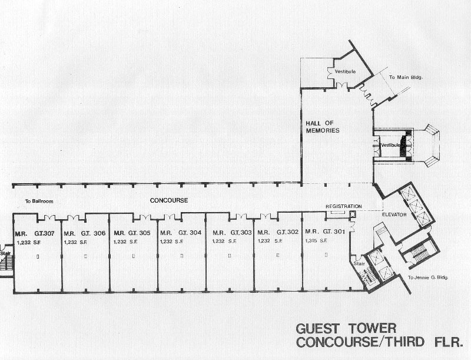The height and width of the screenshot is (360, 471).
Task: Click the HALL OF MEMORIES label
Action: (323, 127)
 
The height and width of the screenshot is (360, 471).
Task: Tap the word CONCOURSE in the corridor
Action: (169, 200)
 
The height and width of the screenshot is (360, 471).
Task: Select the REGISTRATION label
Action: (344, 206)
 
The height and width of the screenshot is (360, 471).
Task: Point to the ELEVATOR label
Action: (394, 214)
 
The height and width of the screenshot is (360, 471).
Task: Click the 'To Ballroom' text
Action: (39, 202)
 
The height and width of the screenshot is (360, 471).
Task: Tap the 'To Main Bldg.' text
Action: (406, 77)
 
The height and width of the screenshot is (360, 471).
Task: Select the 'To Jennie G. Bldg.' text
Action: (428, 278)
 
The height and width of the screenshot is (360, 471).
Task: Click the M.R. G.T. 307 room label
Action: (35, 233)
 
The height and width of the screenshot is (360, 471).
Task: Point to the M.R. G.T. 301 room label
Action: (325, 232)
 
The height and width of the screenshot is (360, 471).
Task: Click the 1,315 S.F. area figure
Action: (316, 241)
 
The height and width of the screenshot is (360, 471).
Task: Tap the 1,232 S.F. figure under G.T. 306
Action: (75, 242)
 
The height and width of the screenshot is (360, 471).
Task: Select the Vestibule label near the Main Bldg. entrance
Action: (345, 71)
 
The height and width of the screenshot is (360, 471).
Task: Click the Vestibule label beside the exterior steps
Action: (390, 145)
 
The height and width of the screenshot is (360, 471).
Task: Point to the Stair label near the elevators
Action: (359, 264)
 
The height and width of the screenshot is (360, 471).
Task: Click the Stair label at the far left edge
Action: (5, 253)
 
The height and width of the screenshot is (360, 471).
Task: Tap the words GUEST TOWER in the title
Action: (346, 329)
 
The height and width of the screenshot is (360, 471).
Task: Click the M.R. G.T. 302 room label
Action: (278, 232)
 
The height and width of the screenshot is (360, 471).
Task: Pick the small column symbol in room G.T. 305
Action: (134, 256)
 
